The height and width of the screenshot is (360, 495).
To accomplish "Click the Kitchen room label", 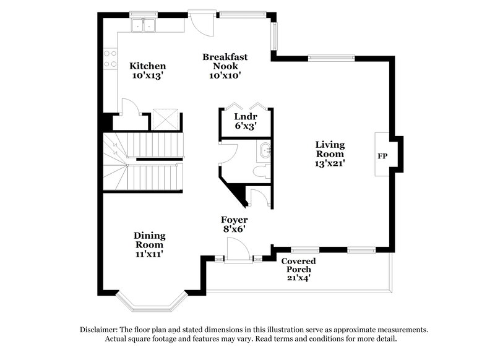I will (147, 66).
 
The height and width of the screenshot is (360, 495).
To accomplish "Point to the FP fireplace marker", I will (382, 155).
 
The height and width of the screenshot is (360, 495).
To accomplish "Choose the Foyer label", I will (235, 220).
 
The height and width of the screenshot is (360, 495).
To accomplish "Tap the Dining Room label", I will (148, 239).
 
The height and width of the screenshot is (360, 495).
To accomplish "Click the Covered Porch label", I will (299, 265).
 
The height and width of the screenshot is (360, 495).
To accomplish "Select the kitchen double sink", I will (146, 25).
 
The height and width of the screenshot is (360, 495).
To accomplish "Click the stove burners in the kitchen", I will (110, 59).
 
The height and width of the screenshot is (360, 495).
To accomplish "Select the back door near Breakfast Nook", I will (202, 24).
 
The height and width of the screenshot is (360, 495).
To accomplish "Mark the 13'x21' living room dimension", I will (329, 164).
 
